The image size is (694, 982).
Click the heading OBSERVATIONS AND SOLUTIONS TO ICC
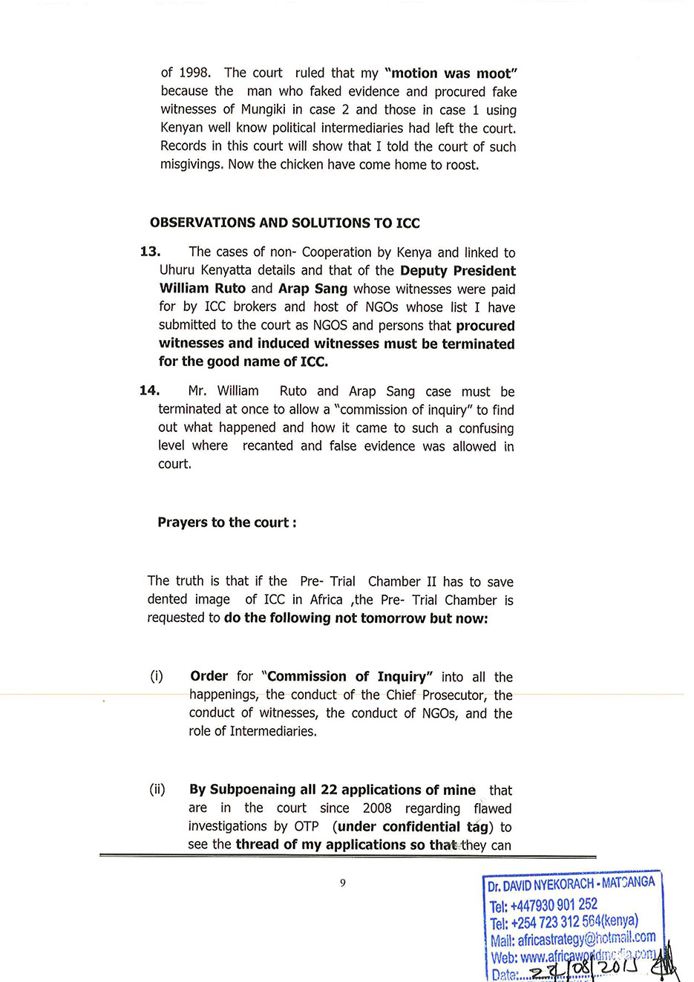[x=284, y=223]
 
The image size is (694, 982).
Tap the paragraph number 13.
[x=150, y=252]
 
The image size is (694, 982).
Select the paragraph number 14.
[x=149, y=390]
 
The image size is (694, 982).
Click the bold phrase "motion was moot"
[x=451, y=73]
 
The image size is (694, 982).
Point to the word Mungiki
[x=269, y=110]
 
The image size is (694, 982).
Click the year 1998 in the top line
[x=195, y=73]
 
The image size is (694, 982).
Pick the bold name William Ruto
[x=203, y=289]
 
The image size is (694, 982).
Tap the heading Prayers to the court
[x=226, y=523]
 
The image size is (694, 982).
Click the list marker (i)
[x=157, y=676]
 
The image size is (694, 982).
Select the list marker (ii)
[x=157, y=789]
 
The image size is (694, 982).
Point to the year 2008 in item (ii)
[x=378, y=808]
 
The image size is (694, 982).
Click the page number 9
[x=343, y=883]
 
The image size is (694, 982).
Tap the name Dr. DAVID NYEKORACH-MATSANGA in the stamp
[x=571, y=884]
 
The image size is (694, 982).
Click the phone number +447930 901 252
[x=554, y=905]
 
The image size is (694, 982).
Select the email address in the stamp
[x=586, y=939]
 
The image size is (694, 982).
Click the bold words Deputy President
[x=457, y=271]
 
